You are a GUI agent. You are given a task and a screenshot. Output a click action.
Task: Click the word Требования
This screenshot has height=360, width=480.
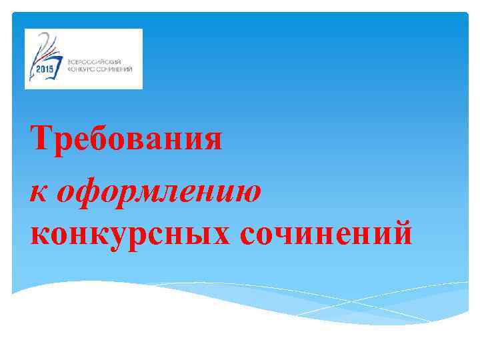click(126, 139)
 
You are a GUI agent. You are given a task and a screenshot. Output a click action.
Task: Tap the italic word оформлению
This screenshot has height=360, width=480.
click(159, 191)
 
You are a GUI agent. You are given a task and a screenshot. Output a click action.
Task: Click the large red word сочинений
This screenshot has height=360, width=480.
click(324, 234)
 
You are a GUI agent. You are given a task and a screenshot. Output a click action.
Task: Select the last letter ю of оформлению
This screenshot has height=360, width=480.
click(247, 192)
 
